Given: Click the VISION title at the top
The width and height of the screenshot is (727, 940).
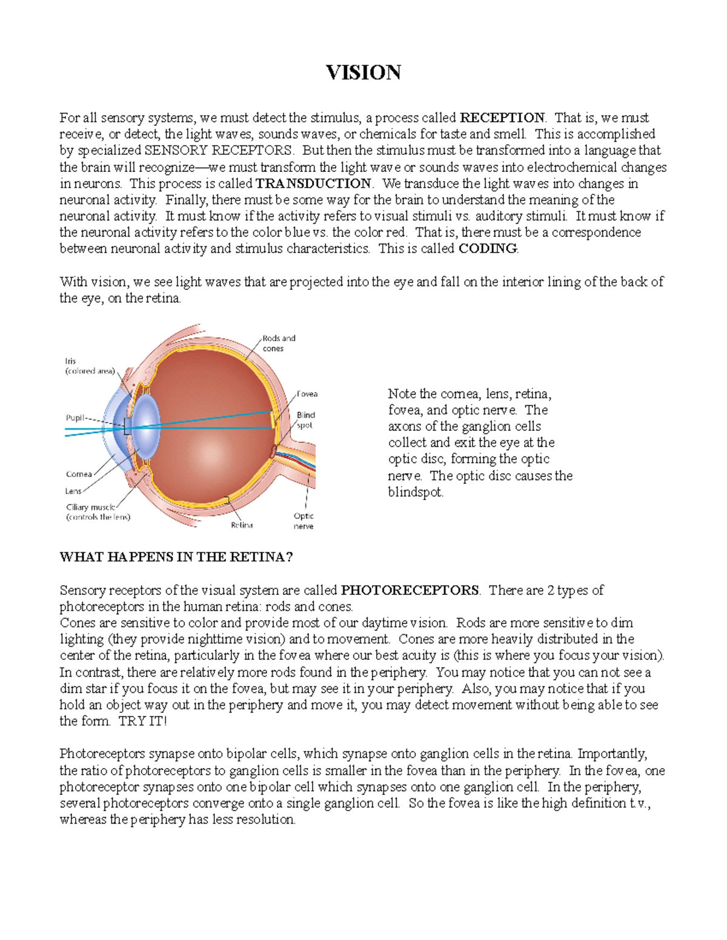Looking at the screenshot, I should pyautogui.click(x=363, y=73).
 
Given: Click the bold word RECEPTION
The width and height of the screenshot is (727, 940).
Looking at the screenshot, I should pyautogui.click(x=502, y=117).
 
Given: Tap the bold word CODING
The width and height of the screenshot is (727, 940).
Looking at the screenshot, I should pyautogui.click(x=488, y=249).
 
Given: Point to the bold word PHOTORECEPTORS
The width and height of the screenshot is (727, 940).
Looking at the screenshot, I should pyautogui.click(x=410, y=590).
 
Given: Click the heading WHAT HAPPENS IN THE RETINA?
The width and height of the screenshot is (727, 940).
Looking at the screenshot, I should pyautogui.click(x=176, y=557).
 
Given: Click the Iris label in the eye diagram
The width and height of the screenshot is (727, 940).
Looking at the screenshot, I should pyautogui.click(x=71, y=361).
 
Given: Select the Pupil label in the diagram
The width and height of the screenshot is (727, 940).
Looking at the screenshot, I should pyautogui.click(x=76, y=418).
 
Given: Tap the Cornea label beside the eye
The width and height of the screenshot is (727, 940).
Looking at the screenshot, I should pyautogui.click(x=79, y=474).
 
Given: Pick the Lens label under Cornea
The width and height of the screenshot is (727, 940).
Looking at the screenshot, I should pyautogui.click(x=73, y=491).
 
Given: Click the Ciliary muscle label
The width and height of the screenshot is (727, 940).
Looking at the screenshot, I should pyautogui.click(x=90, y=507).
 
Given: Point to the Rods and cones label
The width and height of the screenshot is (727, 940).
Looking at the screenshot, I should pyautogui.click(x=278, y=343).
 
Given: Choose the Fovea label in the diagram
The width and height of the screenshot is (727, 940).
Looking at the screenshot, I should pyautogui.click(x=307, y=394).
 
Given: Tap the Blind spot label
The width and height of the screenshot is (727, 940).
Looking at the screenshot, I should pyautogui.click(x=305, y=420).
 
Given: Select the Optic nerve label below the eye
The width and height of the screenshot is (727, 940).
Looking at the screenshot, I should pyautogui.click(x=304, y=521).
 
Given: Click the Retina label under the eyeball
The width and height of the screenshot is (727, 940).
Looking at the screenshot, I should pyautogui.click(x=242, y=525).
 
